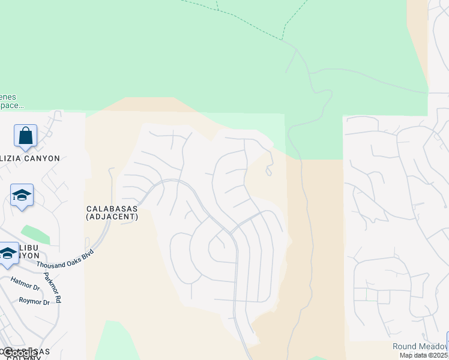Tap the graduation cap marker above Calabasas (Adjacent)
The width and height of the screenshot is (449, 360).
coord(22,195)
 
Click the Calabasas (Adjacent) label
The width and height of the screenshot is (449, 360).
coord(112,212)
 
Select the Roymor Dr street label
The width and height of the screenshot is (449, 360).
coord(34,302)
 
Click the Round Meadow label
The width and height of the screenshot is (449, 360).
coord(420,346)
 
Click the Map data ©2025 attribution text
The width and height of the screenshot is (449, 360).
coord(424,355)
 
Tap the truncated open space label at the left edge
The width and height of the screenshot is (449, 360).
coord(12,101)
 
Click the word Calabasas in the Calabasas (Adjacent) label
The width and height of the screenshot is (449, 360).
coord(112,208)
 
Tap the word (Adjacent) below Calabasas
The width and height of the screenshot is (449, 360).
coord(112,217)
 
